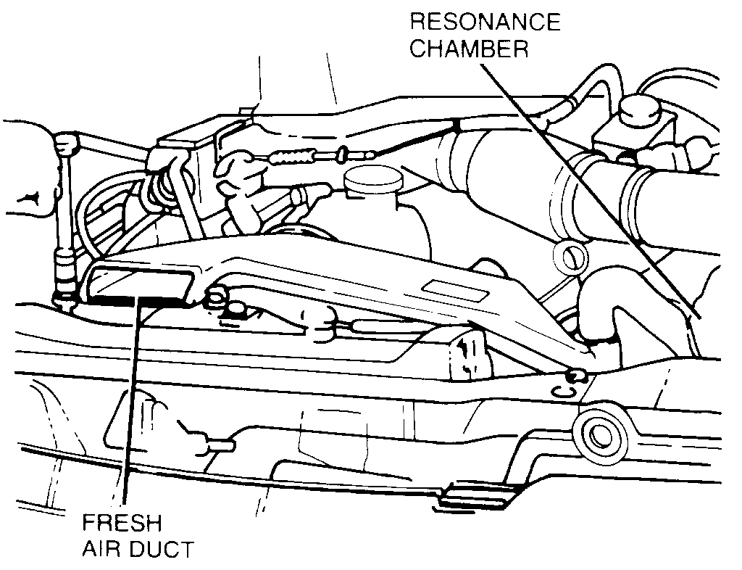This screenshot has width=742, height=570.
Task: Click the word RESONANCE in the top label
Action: [x=485, y=22]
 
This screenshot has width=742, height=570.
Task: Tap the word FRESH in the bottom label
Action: [x=122, y=524]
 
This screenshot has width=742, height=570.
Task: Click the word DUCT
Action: [x=161, y=550]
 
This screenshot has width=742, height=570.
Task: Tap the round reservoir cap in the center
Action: [x=372, y=178]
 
